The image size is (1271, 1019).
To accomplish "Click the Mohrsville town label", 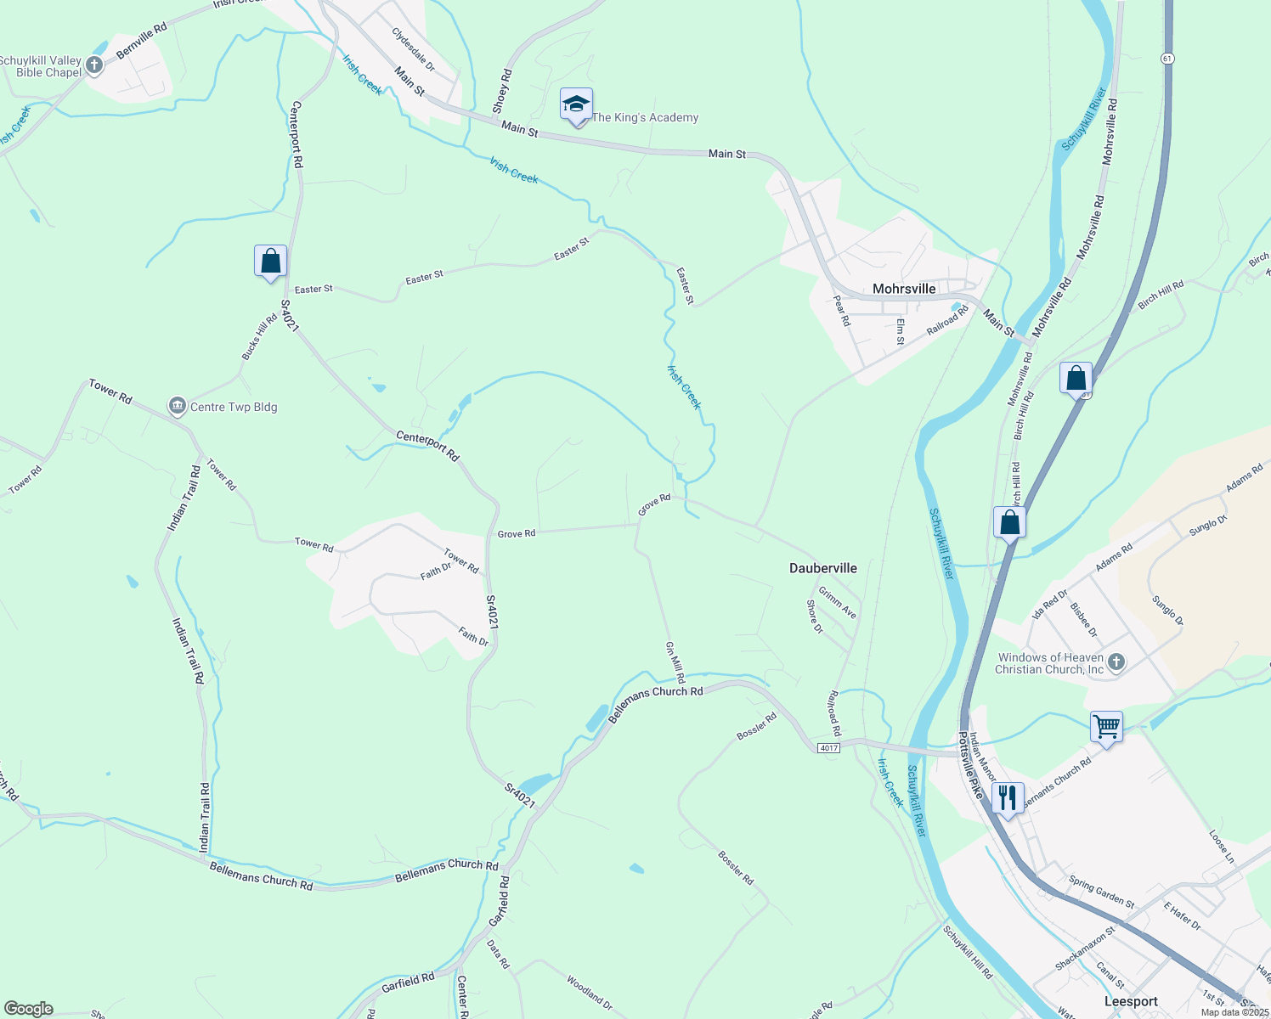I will point(904,289).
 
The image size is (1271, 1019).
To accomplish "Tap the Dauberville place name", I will point(823,568).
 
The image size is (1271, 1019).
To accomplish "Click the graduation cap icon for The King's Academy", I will point(576,105).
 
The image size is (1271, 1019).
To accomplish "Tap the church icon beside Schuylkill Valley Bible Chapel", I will point(94,65).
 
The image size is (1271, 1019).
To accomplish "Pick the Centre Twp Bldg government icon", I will point(178,407).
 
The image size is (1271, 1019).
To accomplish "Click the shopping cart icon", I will point(1106,727).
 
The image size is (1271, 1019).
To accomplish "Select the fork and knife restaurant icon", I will point(1007,798).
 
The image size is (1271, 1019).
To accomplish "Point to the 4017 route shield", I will point(828,747).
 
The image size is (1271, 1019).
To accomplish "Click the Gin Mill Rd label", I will point(675,663).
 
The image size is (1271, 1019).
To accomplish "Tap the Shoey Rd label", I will point(502,91).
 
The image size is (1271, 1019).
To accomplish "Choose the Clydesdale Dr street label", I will point(413,49).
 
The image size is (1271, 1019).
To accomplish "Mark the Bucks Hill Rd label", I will point(259,337).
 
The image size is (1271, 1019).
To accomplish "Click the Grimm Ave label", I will point(838,601).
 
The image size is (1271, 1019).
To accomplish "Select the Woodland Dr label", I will point(589,993).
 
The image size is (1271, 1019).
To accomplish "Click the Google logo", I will point(28,1009).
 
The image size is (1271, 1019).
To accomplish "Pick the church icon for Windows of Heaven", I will point(1116,662).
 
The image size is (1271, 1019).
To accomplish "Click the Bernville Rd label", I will point(142,41).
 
